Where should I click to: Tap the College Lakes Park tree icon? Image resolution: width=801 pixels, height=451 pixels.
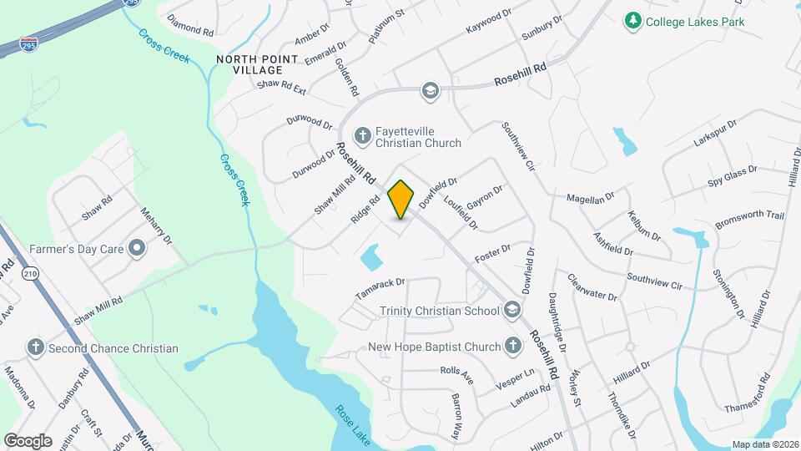(633, 21)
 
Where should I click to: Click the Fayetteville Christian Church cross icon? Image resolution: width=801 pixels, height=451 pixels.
(362, 135)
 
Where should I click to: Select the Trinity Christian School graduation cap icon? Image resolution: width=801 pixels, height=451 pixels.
(511, 311)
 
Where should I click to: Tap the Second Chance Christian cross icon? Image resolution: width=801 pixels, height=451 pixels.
(35, 347)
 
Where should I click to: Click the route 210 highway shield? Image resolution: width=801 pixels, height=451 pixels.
(31, 274)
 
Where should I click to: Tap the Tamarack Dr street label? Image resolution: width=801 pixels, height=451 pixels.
(379, 288)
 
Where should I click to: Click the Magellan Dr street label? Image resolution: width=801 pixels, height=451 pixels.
(590, 196)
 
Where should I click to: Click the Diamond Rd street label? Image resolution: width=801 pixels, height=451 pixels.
(190, 23)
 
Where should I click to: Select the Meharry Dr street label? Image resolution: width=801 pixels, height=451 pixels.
(155, 225)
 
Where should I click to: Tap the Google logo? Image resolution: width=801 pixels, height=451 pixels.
(28, 439)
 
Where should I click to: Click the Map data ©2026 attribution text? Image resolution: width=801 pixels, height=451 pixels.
(765, 444)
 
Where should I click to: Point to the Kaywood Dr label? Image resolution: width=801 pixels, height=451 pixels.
(488, 21)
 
